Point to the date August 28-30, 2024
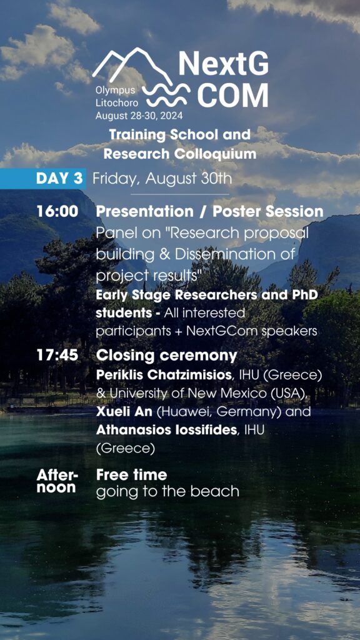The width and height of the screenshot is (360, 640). pyautogui.click(x=139, y=116)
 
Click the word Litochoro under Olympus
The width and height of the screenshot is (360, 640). pyautogui.click(x=116, y=103)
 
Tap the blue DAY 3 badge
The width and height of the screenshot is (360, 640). pyautogui.click(x=43, y=178)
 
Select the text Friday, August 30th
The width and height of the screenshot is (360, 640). pyautogui.click(x=162, y=179)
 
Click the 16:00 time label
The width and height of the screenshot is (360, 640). pyautogui.click(x=57, y=211)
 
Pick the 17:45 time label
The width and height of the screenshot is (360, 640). pyautogui.click(x=57, y=355)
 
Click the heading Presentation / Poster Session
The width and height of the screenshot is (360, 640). pyautogui.click(x=210, y=211)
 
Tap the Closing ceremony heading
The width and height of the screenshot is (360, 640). pyautogui.click(x=166, y=356)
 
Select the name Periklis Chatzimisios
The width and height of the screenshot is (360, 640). pyautogui.click(x=164, y=376)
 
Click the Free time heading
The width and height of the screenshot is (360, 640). pyautogui.click(x=131, y=475)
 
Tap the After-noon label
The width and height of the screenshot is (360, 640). pyautogui.click(x=57, y=481)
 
